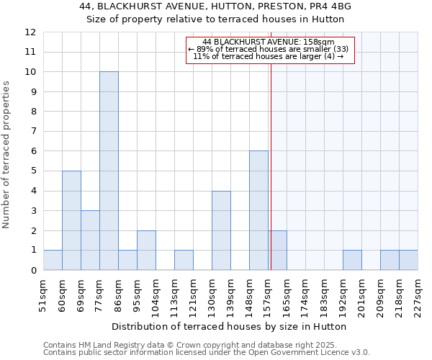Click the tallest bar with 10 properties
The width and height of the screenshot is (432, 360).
pos(109,171)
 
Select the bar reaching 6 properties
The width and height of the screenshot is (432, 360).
pos(258,210)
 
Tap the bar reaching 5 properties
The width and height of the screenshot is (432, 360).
pos(71,220)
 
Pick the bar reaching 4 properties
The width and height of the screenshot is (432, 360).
pos(221,230)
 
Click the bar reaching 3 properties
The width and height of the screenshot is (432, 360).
pos(90,240)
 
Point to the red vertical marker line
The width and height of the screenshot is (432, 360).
pos(271,166)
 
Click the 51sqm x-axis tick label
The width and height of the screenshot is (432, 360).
pos(44,293)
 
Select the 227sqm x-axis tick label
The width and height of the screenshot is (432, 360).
pos(418,293)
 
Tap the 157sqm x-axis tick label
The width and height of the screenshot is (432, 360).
pos(268,293)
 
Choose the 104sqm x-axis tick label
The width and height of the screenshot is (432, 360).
pos(156,293)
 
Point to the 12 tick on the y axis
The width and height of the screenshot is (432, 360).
pos(30,32)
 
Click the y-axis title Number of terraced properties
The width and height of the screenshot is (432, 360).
pos(7,154)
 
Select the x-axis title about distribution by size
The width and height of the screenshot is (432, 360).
pos(230,326)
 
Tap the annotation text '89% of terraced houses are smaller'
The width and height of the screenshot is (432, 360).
pos(269,49)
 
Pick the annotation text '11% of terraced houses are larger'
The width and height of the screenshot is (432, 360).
pos(269,56)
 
